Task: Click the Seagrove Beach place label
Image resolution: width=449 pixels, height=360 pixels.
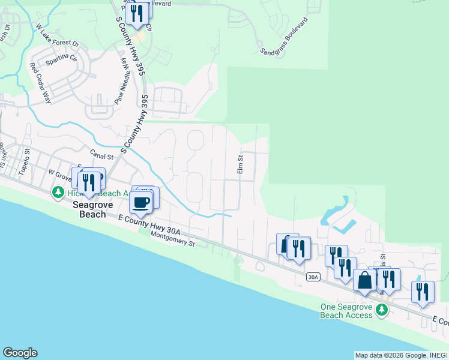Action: pyautogui.click(x=89, y=209)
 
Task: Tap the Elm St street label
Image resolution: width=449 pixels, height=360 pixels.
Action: pyautogui.click(x=240, y=165)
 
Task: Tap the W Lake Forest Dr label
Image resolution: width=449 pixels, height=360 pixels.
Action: pyautogui.click(x=58, y=35)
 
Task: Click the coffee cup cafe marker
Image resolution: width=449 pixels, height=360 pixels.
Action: pyautogui.click(x=142, y=202)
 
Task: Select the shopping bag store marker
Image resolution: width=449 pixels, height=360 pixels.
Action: pyautogui.click(x=364, y=280)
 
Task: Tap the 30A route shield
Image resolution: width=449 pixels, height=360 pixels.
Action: pyautogui.click(x=312, y=277)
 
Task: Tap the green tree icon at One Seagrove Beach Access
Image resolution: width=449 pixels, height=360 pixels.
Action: pyautogui.click(x=381, y=309)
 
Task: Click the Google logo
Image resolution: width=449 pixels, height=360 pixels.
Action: pyautogui.click(x=20, y=353)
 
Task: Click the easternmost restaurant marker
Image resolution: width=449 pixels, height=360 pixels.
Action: pyautogui.click(x=423, y=292)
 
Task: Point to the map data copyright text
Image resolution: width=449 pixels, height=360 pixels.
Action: pyautogui.click(x=401, y=355)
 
